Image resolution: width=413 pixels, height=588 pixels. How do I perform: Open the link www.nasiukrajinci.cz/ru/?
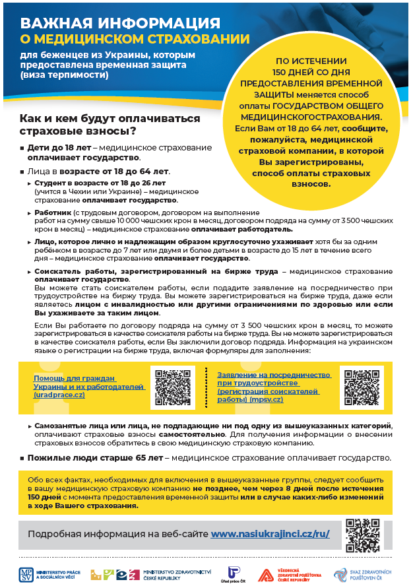[270, 533]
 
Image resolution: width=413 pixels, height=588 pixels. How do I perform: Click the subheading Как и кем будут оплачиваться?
[110, 119]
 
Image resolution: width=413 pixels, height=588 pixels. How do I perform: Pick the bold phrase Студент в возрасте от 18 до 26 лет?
[100, 182]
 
